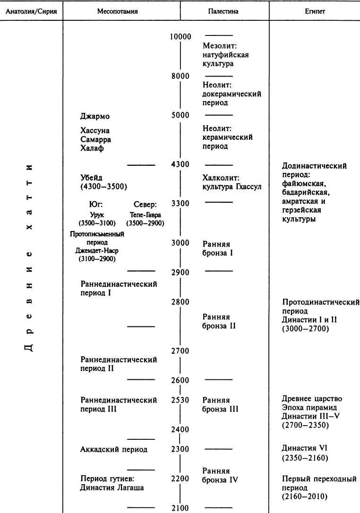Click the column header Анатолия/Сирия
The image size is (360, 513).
31,11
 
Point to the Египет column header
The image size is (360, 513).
314,11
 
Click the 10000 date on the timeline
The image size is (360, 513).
180,37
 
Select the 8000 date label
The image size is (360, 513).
180,76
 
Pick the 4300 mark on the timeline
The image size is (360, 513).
180,164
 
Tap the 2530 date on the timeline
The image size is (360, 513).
180,400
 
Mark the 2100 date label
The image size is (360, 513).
180,508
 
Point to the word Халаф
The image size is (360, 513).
93,148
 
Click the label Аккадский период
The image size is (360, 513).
114,449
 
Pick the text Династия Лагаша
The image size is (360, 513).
112,488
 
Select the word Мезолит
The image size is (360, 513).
219,46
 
